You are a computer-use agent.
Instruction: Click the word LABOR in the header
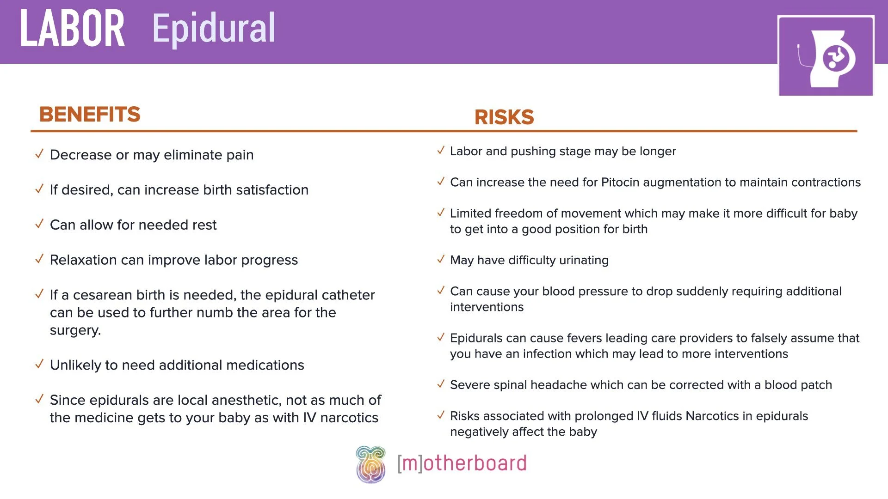pos(73,29)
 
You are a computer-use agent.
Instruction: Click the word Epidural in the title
pos(214,29)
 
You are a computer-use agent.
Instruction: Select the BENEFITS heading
pos(90,114)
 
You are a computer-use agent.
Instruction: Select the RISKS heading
pos(504,117)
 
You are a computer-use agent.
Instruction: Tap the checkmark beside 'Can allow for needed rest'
pos(39,224)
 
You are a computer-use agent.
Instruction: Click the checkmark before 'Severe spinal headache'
pos(441,384)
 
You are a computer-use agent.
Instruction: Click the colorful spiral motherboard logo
pos(370,464)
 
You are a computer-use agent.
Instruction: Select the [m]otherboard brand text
pos(462,463)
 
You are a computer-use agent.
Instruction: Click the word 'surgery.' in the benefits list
pos(75,330)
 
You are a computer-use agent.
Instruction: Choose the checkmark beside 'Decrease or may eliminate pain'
pos(39,154)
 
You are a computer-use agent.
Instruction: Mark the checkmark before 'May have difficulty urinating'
pos(441,259)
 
